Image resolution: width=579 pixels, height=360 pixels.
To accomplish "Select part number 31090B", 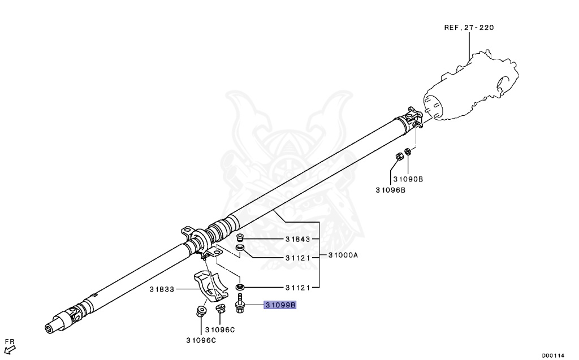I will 408,179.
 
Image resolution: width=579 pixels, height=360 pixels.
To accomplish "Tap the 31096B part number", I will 390,190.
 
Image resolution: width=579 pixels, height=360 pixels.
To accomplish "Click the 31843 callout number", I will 297,240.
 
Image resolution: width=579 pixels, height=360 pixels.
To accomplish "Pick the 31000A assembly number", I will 343,255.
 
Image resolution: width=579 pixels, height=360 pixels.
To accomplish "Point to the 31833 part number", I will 163,289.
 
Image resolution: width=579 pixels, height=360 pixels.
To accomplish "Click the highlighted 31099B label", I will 282,305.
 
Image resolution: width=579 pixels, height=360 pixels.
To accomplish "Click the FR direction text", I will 9,342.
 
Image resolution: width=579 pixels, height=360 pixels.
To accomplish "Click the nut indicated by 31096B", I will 397,156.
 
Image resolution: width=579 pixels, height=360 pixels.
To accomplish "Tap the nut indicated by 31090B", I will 408,152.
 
